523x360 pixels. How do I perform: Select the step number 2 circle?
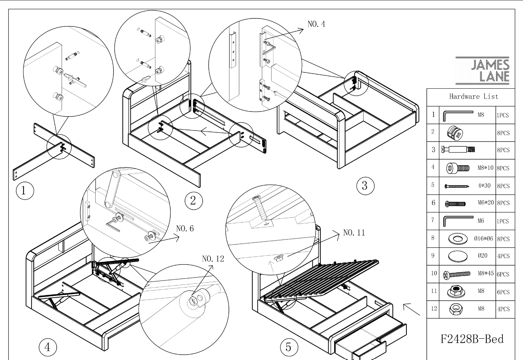pos(193,200)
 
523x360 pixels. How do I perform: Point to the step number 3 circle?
pos(365,185)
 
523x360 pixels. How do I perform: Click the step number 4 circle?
pos(48,347)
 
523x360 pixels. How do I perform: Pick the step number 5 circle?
pos(288,346)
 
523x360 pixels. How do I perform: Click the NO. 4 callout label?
pos(316,24)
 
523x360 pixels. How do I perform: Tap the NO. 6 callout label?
pos(185,228)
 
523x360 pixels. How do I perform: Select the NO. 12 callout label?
pos(213,258)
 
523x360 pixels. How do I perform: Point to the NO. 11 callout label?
pos(354,232)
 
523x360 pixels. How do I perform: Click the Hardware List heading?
pos(474,97)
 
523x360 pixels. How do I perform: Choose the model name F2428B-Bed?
pos(472,339)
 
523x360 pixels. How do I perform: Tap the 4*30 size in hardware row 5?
pos(484,185)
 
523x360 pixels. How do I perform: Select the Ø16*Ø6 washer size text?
pos(484,239)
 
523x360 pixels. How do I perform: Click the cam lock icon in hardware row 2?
pos(456,132)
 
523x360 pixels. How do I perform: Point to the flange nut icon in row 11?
pos(456,291)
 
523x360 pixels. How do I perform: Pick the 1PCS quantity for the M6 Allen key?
pos(503,221)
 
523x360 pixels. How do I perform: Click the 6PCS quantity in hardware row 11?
pos(503,292)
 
